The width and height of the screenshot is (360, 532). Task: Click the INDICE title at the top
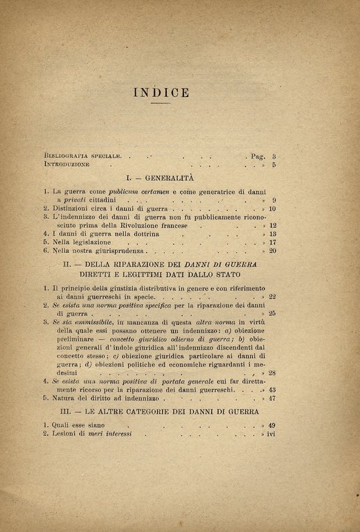coord(161,94)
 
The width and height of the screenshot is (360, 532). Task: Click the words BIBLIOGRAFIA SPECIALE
coord(83,157)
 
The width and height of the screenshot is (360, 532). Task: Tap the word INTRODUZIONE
coord(67,166)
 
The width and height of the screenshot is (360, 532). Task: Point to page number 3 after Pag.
coord(274,157)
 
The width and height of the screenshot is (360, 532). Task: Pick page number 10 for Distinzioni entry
coord(273,209)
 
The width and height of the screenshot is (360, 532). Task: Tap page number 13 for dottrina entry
coord(273,234)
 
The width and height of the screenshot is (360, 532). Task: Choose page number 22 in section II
coord(273,296)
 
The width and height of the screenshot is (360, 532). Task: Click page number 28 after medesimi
coord(273,373)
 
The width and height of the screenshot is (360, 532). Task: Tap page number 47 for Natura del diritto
coord(273,398)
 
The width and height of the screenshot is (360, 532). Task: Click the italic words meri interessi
coord(125,434)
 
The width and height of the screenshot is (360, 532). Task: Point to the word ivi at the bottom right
coord(272,434)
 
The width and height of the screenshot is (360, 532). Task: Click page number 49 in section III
coord(273,425)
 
